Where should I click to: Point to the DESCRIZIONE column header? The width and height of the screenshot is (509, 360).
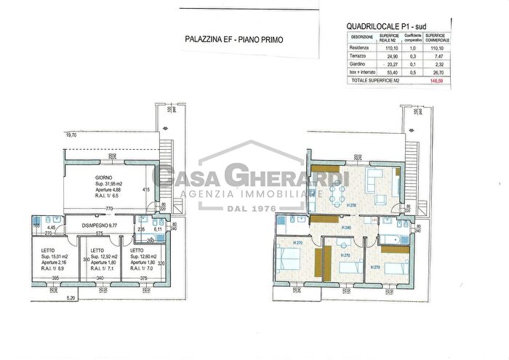pos(362,36)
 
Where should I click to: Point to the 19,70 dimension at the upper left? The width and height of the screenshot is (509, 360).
pos(71,135)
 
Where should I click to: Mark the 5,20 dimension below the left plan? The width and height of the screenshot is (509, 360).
pos(71,298)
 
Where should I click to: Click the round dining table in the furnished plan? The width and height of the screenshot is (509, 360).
pos(336,193)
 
